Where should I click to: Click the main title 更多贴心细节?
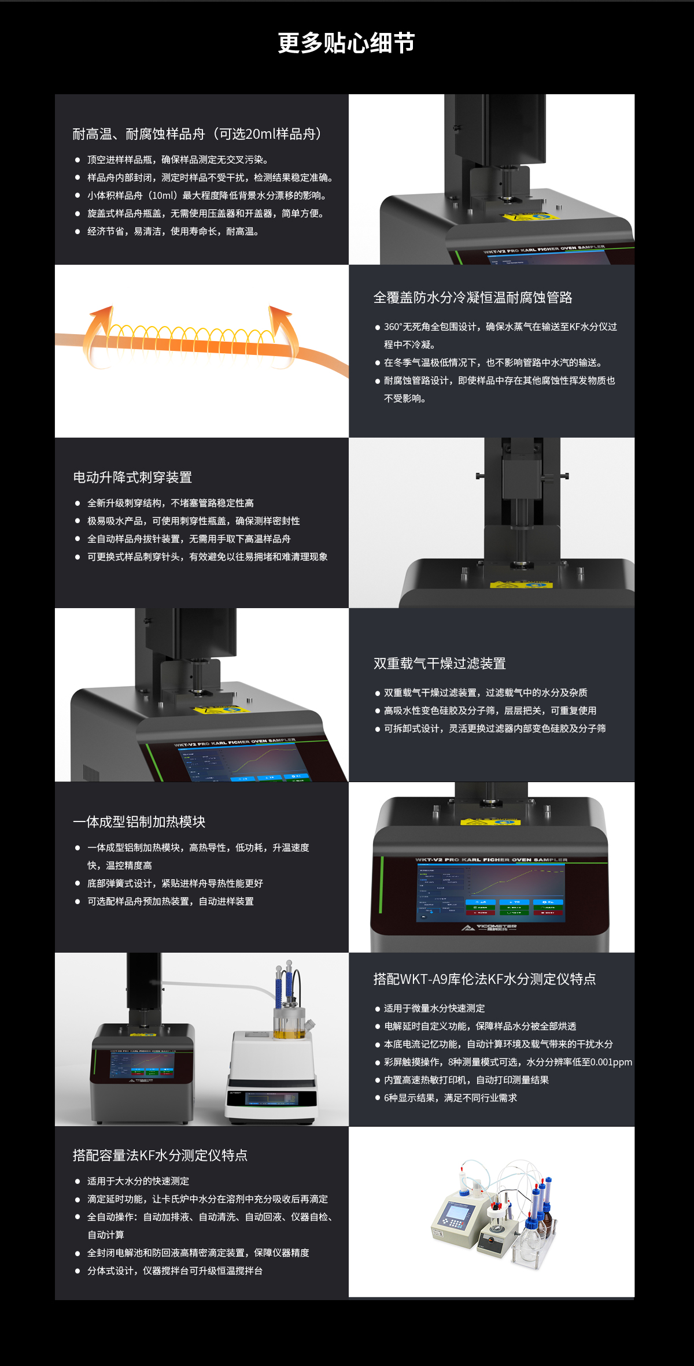point(346,43)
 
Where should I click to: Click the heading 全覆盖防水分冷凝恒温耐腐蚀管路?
point(472,298)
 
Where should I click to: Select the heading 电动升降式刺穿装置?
point(132,477)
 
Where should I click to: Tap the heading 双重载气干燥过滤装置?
point(440,664)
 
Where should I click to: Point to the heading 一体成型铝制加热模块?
point(139,822)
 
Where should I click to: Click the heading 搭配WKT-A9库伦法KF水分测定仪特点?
point(485,979)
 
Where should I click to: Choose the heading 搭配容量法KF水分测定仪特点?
point(160,1156)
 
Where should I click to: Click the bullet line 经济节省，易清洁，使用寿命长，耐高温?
point(172,232)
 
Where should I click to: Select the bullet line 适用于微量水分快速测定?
point(434,1008)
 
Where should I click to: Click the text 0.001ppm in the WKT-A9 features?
point(611,1062)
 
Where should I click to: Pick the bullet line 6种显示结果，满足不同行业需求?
point(450,1098)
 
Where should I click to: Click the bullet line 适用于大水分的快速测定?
point(138,1181)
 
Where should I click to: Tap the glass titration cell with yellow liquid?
point(287,1023)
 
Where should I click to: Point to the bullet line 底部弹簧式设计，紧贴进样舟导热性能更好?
point(175,883)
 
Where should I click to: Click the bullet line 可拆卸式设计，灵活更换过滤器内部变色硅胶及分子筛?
point(494,728)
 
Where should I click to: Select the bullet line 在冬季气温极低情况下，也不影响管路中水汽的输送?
point(493,362)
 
